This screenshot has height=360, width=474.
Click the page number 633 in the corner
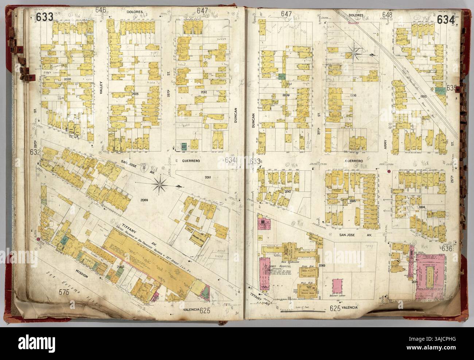tap(44, 17)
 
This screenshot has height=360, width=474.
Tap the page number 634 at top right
tap(447, 19)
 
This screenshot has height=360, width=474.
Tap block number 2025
tap(135, 94)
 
